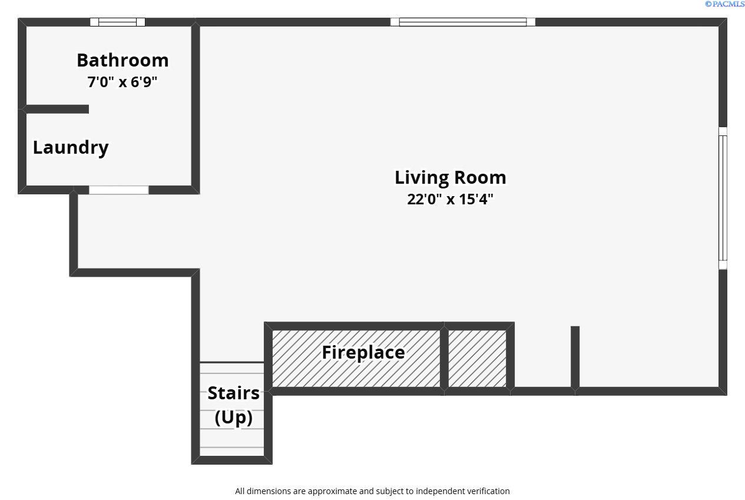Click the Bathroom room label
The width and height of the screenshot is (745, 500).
(x=122, y=60)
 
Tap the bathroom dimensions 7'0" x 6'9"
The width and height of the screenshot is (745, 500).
(x=122, y=82)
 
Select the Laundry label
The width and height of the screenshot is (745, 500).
(x=71, y=147)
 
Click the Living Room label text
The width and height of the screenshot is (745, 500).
(x=450, y=177)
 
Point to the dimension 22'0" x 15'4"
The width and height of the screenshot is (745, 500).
(x=450, y=199)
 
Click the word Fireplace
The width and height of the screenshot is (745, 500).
(x=363, y=352)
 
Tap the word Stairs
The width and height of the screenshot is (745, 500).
(x=233, y=393)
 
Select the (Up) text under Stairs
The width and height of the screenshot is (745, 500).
(x=233, y=417)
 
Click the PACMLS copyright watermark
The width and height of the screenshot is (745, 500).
(x=724, y=4)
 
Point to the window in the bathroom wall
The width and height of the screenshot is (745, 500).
(x=117, y=22)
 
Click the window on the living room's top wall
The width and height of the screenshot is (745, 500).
(x=463, y=22)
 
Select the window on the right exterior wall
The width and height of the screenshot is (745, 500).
(x=723, y=198)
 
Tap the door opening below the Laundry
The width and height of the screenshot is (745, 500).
(x=118, y=190)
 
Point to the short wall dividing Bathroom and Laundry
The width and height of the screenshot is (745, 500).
(x=57, y=109)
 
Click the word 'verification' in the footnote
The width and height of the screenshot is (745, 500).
(x=487, y=491)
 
